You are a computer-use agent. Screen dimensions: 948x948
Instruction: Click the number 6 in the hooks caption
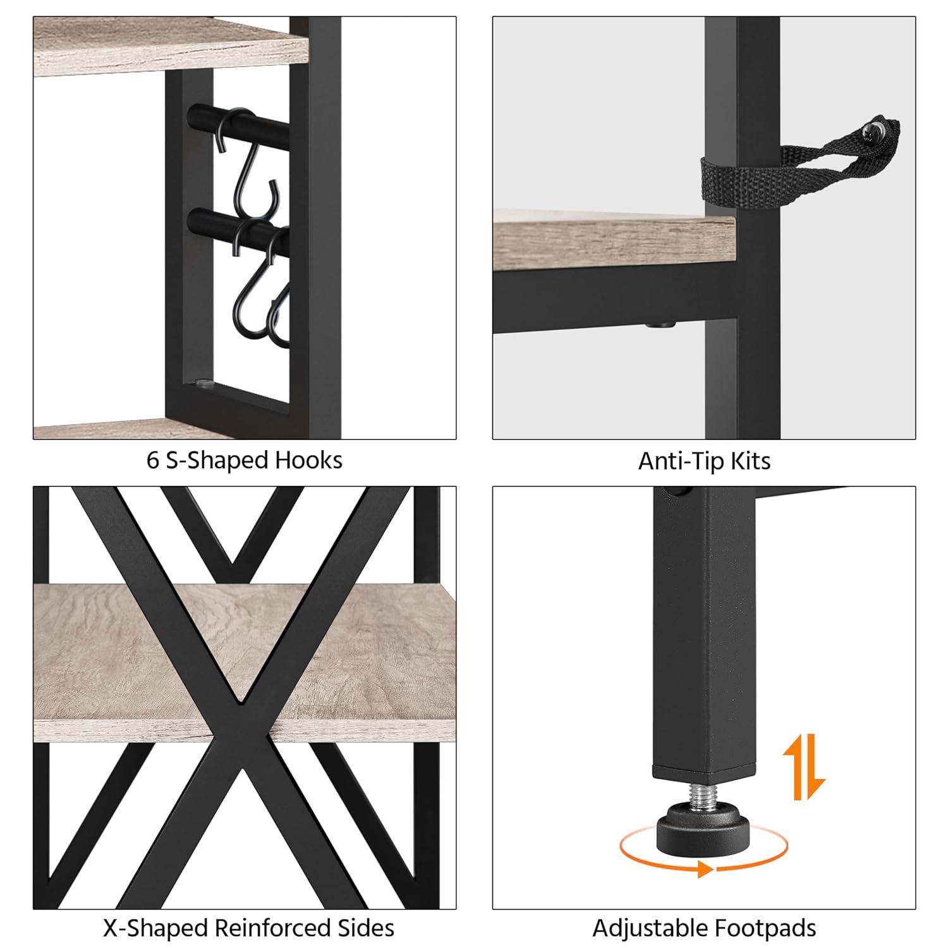click(152, 460)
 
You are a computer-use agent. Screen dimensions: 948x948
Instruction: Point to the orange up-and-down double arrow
click(804, 767)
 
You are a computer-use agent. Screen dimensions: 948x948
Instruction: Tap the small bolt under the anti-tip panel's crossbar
click(660, 325)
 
